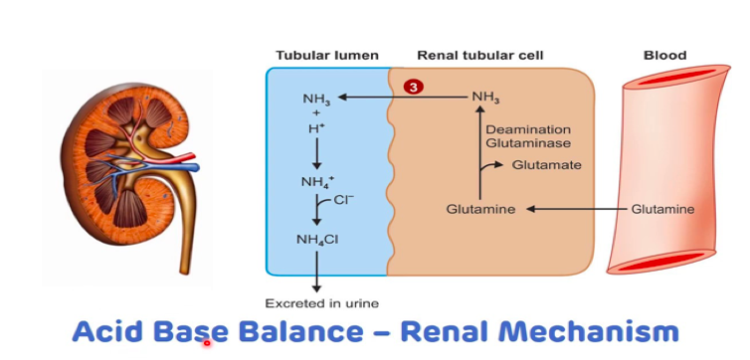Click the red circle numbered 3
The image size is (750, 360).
pyautogui.click(x=413, y=88)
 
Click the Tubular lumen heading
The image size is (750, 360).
pyautogui.click(x=327, y=56)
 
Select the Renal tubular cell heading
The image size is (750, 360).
pyautogui.click(x=480, y=56)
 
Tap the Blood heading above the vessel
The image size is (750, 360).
pyautogui.click(x=664, y=56)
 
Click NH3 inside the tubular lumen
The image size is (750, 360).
pyautogui.click(x=316, y=99)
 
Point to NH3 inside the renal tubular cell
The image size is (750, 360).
pyautogui.click(x=486, y=97)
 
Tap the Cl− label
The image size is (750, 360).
pyautogui.click(x=344, y=200)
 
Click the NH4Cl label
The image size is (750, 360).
pyautogui.click(x=317, y=239)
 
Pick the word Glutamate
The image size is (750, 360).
pyautogui.click(x=547, y=165)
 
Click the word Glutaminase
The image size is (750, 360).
pyautogui.click(x=528, y=143)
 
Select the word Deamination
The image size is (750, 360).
pyautogui.click(x=528, y=129)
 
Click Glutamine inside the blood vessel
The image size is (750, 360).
pyautogui.click(x=662, y=210)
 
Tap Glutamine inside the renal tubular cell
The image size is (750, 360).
pyautogui.click(x=480, y=210)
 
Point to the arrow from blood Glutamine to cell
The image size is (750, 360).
pyautogui.click(x=576, y=210)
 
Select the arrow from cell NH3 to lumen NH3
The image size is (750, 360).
pyautogui.click(x=403, y=97)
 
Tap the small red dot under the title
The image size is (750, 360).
pyautogui.click(x=207, y=343)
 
